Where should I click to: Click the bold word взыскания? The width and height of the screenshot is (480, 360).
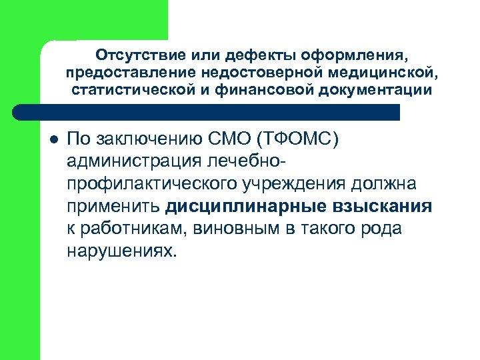coord(383,207)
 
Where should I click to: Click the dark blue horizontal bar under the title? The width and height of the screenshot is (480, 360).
coord(220,111)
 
